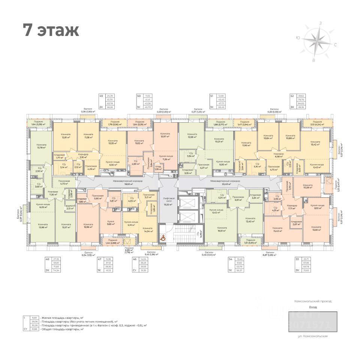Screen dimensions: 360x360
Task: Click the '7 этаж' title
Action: (51, 30)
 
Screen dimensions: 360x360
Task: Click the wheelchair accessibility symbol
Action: (163, 237)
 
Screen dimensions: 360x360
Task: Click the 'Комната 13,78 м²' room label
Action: (41, 146)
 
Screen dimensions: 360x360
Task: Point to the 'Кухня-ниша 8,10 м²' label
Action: (316, 206)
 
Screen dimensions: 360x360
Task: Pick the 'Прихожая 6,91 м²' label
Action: (238, 198)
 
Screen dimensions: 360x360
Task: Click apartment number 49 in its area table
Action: (101, 96)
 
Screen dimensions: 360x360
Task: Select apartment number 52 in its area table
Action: (292, 96)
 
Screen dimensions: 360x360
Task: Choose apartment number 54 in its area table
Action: (230, 259)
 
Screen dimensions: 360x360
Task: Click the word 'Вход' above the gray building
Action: (312, 307)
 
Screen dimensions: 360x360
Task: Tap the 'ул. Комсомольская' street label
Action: (312, 336)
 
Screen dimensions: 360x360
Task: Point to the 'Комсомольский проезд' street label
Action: (312, 301)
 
